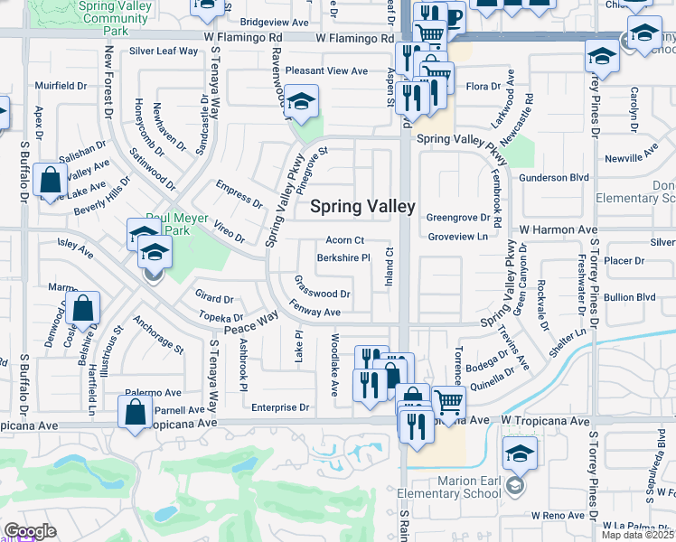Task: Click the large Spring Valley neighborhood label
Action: (362, 206)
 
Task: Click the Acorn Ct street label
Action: (344, 240)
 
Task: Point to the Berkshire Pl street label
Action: (343, 258)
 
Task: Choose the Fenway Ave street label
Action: (315, 312)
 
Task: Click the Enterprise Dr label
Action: (280, 407)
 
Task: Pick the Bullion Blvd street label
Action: (630, 296)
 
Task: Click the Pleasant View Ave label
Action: (326, 70)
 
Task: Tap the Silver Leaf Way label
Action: (164, 51)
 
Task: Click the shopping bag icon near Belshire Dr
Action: (83, 309)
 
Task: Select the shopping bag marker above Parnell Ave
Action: (135, 411)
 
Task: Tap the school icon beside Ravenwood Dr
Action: (303, 101)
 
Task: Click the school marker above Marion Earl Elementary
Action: (520, 453)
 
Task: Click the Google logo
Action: (29, 531)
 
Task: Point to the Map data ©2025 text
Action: (638, 535)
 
